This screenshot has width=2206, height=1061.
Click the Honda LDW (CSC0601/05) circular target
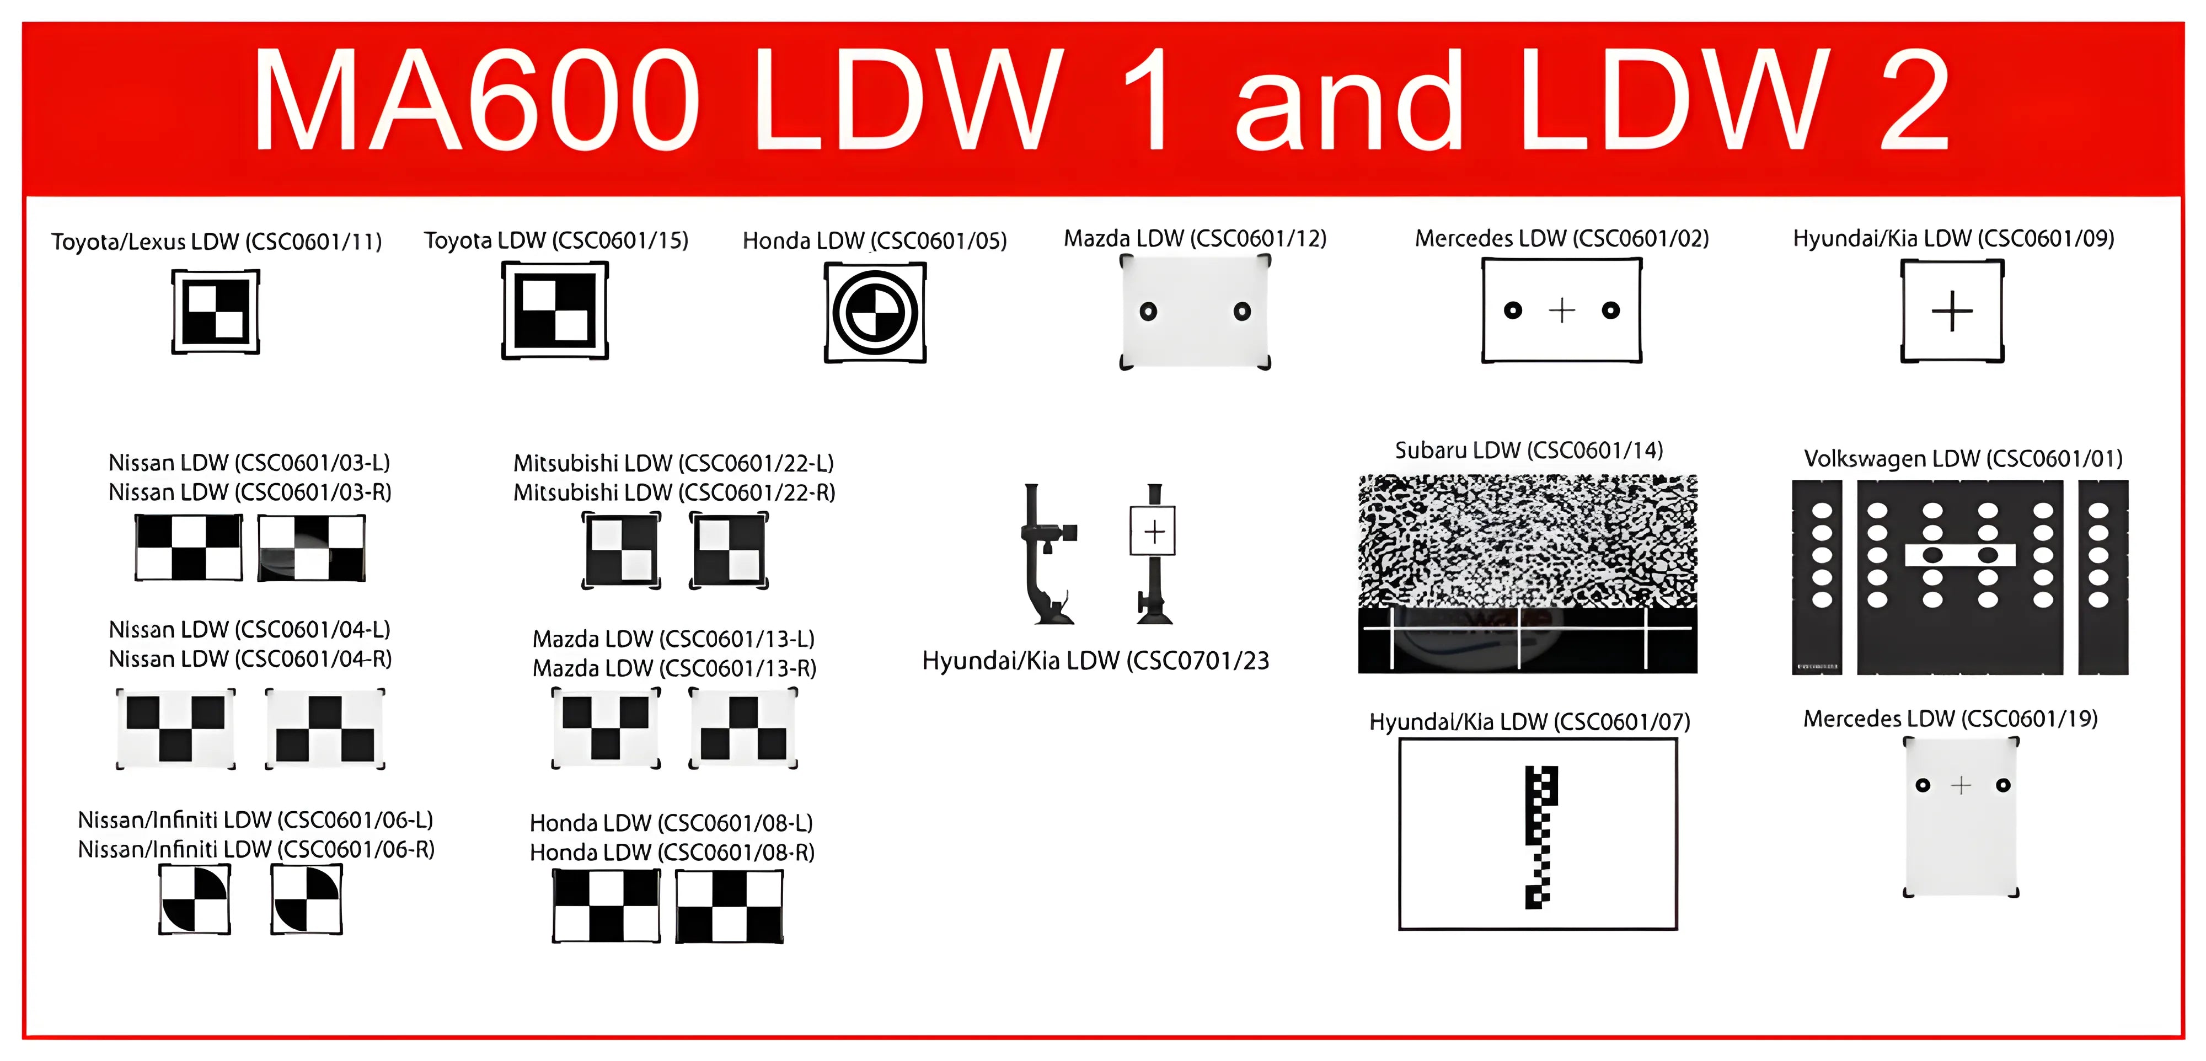tap(874, 313)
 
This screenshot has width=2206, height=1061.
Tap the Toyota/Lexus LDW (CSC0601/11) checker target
tap(215, 312)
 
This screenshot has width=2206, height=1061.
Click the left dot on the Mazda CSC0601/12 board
tap(1148, 312)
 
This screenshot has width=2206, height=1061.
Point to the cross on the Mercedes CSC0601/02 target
tap(1562, 310)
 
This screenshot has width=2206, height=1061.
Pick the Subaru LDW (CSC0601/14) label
tap(1529, 451)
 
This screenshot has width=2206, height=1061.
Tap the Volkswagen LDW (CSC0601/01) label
tap(1963, 459)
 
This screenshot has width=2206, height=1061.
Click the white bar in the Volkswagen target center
tap(1959, 555)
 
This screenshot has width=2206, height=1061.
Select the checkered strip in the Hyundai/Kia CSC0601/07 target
tap(1540, 837)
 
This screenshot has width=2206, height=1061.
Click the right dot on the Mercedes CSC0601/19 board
tap(2002, 785)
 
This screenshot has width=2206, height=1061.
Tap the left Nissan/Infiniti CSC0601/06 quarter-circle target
tap(195, 898)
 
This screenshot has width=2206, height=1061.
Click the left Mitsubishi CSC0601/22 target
tap(622, 550)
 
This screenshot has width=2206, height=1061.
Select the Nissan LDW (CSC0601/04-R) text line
tap(250, 660)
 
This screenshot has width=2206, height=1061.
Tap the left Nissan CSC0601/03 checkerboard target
tap(189, 548)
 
